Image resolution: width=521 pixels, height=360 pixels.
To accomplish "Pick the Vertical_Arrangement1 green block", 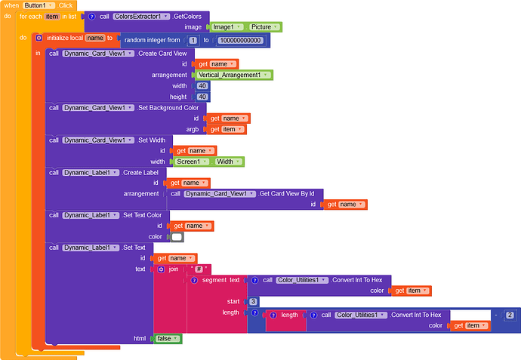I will (x=234, y=75).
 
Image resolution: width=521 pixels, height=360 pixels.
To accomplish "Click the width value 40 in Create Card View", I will (x=202, y=86).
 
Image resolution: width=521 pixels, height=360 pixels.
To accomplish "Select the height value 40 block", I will (x=202, y=97).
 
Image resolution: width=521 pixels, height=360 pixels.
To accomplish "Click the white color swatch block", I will (x=177, y=236).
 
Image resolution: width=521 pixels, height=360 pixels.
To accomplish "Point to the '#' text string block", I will (x=200, y=269).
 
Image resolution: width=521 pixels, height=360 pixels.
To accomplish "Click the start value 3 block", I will (x=253, y=301).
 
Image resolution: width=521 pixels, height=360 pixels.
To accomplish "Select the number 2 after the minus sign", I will (x=510, y=315).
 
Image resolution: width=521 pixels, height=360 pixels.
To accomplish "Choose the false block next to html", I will (x=167, y=339).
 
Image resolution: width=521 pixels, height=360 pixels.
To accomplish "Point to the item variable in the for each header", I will (x=52, y=16).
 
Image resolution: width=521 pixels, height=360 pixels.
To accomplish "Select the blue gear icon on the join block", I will (x=161, y=269).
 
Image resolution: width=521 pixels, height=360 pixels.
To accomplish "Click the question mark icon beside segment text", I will (x=194, y=280).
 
